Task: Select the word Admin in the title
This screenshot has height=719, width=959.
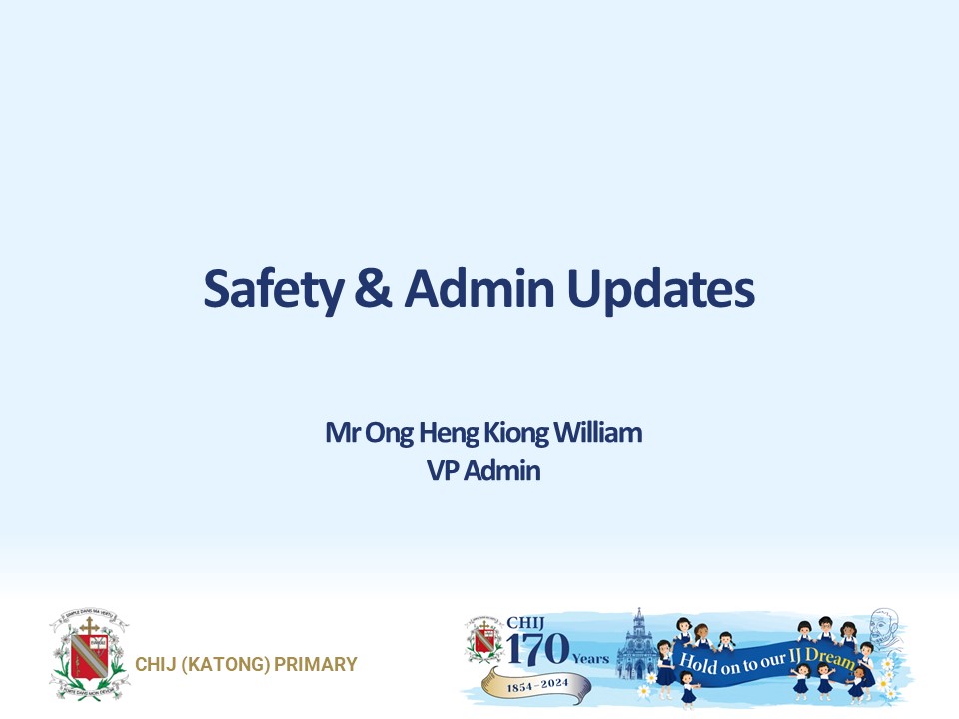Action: click(479, 289)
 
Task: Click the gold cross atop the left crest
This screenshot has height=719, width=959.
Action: click(89, 628)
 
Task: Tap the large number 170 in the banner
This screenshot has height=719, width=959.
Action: click(536, 651)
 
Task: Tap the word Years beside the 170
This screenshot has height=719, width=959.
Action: click(589, 659)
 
